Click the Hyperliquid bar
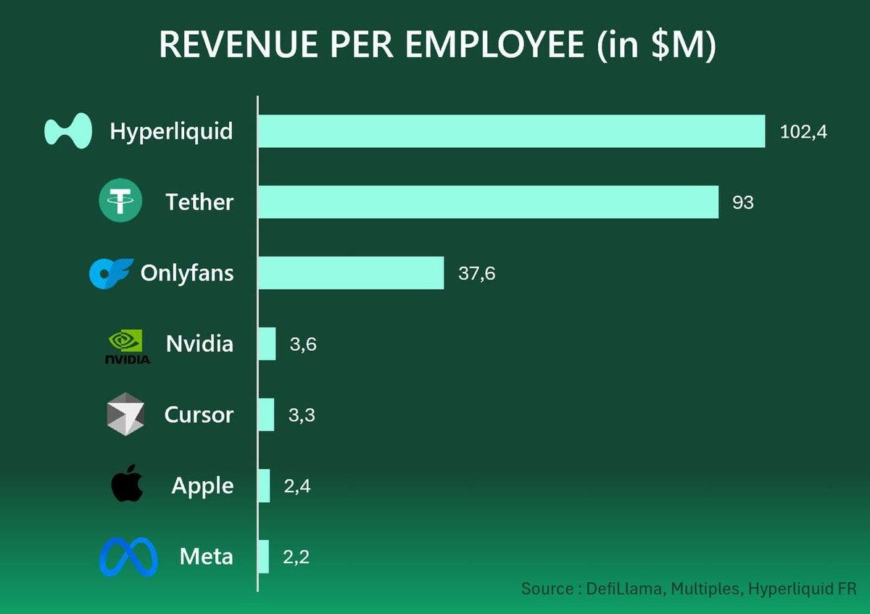[x=511, y=131]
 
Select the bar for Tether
[x=488, y=202]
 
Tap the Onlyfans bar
[x=351, y=273]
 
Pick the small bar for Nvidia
[x=267, y=344]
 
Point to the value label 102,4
[x=803, y=132]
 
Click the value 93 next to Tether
[x=743, y=202]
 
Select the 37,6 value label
[x=477, y=273]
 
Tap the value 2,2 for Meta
[x=296, y=557]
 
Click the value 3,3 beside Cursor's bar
[x=301, y=415]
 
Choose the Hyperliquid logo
[x=68, y=131]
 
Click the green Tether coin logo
[x=120, y=201]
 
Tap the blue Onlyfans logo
[x=111, y=273]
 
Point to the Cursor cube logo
[x=125, y=415]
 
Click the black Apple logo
[x=127, y=485]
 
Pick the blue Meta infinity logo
[x=128, y=557]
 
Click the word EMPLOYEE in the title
[x=494, y=45]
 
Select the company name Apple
[x=202, y=486]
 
